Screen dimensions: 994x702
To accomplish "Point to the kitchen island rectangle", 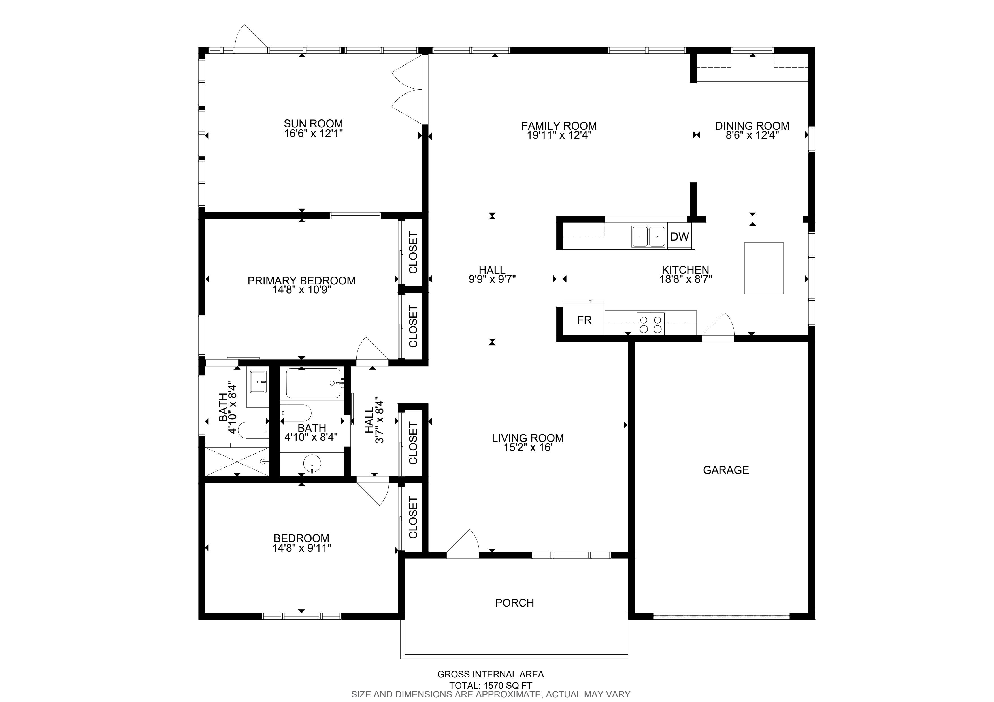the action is click(764, 268).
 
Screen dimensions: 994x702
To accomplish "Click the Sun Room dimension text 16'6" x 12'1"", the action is click(313, 133).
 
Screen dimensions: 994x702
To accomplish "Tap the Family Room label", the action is click(559, 126).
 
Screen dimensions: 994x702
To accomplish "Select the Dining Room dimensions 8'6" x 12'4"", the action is click(752, 135).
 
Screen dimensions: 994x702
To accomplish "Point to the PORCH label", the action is click(514, 603).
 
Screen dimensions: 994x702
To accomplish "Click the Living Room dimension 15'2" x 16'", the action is click(528, 448).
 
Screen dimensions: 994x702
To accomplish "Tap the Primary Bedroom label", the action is click(301, 281).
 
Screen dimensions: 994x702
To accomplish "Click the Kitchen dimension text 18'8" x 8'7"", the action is click(686, 279).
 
